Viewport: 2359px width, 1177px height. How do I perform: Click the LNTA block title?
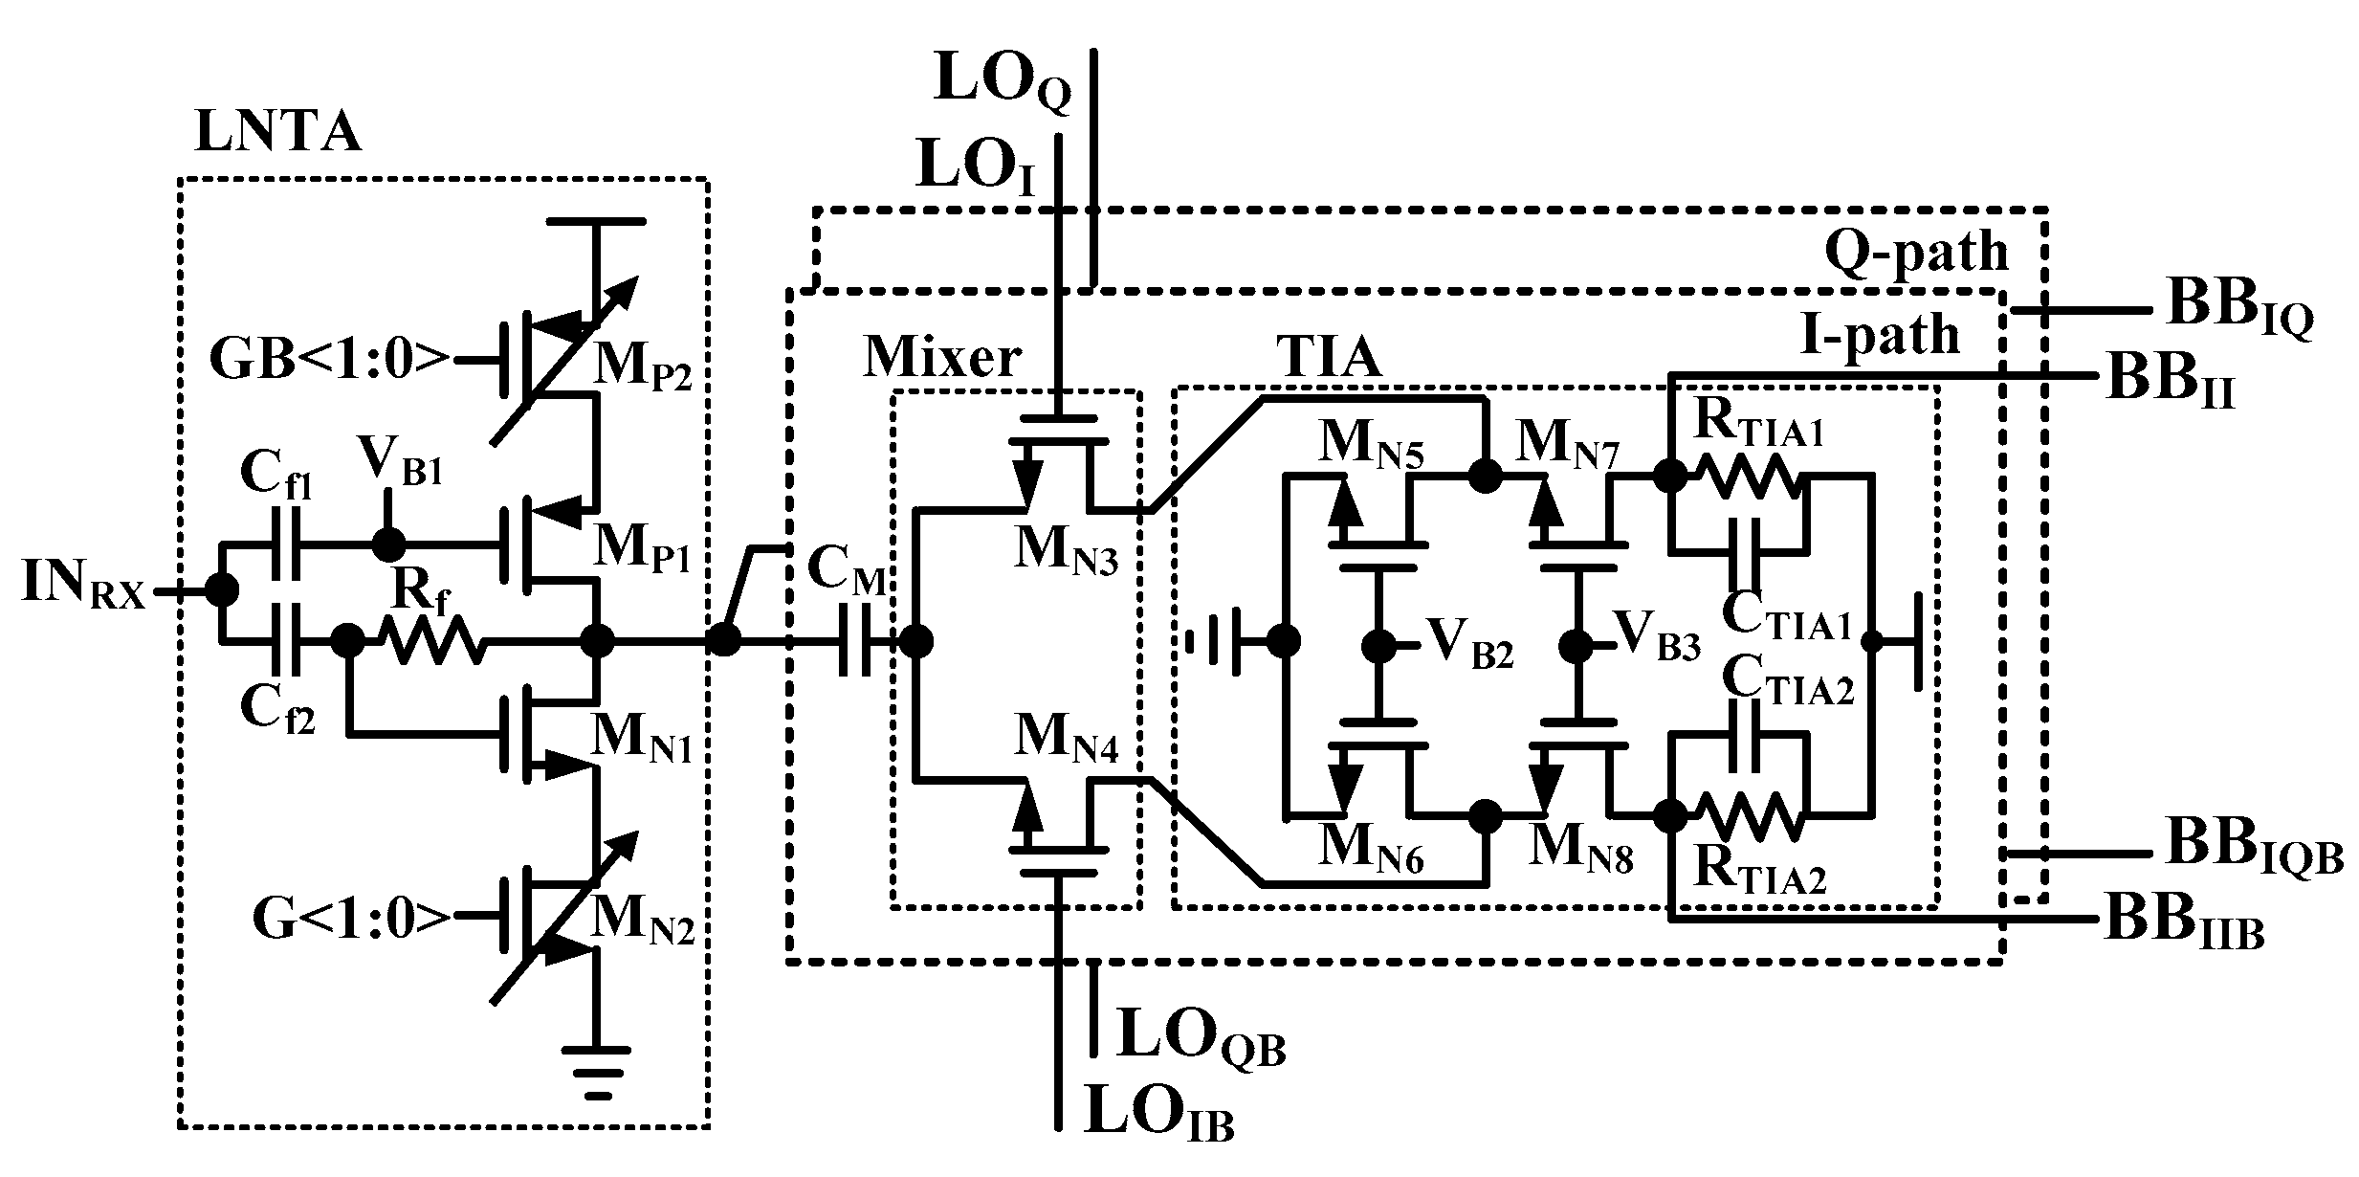277,132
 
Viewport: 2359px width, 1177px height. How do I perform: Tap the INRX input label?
83,587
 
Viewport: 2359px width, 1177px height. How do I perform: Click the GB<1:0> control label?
329,362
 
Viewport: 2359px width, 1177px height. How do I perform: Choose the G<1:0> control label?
351,919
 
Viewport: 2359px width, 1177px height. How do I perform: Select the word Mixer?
942,357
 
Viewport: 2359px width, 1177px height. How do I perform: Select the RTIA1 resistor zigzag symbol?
1749,476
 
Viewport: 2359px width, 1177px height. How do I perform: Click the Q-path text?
1916,252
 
